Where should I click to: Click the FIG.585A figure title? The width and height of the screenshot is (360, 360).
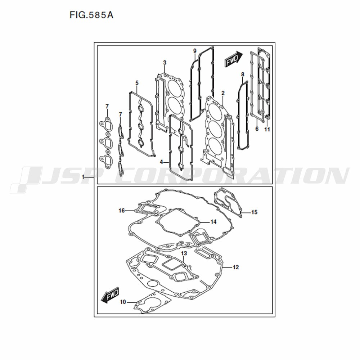(91, 15)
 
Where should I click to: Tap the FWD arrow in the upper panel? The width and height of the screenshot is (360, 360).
(233, 59)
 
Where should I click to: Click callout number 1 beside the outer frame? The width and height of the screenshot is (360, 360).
(84, 177)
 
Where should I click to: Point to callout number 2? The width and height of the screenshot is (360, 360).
(223, 93)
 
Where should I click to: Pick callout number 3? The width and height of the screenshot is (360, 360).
(165, 62)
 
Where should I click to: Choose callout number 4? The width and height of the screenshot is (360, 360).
(162, 162)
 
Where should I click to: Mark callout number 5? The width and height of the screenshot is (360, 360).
(137, 83)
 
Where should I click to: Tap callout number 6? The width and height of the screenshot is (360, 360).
(257, 129)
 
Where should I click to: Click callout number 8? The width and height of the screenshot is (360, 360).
(243, 75)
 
